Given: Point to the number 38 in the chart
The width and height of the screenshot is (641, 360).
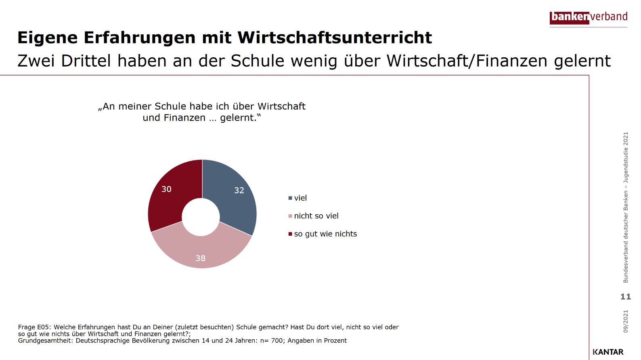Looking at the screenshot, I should click(x=201, y=258).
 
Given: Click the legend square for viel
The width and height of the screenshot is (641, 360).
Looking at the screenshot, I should click(x=290, y=198).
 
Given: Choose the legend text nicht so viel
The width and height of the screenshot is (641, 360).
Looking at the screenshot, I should click(x=316, y=216).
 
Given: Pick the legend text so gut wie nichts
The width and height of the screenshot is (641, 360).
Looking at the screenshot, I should click(x=325, y=234).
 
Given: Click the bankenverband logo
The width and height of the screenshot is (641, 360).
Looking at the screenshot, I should click(x=589, y=17).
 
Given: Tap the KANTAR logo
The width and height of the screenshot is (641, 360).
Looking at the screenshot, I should click(x=608, y=352).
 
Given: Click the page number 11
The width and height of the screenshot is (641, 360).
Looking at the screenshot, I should click(x=625, y=297).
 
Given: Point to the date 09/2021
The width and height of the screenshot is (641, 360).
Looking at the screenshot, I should click(x=626, y=321).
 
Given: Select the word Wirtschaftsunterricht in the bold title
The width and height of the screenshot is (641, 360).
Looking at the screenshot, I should click(x=335, y=38).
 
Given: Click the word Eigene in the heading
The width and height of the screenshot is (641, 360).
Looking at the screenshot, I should click(x=48, y=38).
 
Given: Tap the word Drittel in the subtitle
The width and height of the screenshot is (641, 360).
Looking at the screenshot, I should click(x=86, y=61).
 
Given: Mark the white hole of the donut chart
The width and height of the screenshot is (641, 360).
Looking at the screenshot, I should click(x=201, y=217).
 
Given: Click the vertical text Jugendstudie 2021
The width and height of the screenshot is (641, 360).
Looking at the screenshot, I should click(x=626, y=157).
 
